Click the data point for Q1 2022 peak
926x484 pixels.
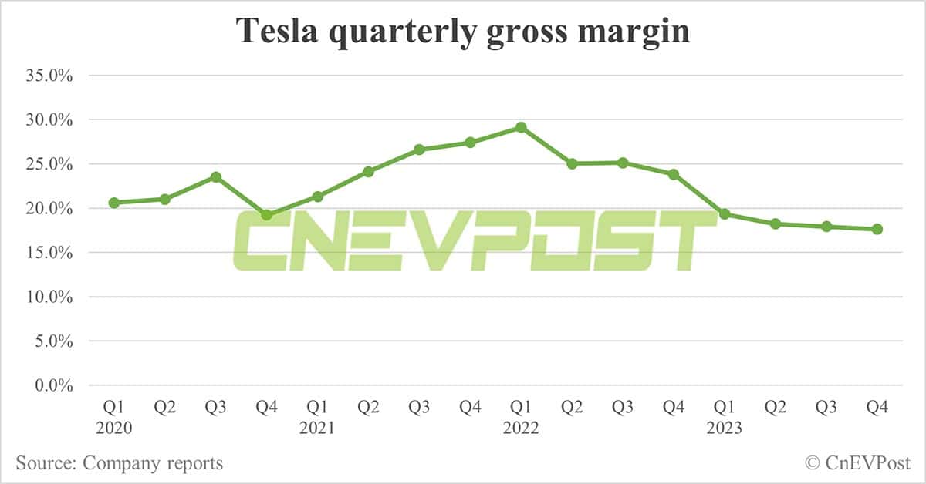coord(521,127)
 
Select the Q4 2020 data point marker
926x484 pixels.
coord(266,215)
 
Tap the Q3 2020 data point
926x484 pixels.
coord(216,177)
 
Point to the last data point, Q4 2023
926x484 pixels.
coord(877,229)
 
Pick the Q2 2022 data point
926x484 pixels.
coord(572,163)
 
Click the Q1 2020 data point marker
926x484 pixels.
coord(114,203)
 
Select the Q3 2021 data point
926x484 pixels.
coord(419,150)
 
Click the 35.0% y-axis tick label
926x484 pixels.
coord(49,76)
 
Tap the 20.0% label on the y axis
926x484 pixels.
coord(49,209)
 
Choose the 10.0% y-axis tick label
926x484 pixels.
coord(49,297)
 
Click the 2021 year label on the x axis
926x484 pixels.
coord(317,428)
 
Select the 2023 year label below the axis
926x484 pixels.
coord(725,428)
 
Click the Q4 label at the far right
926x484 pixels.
coord(877,407)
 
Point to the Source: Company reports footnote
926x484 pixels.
coord(119,463)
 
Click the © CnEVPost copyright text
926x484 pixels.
coord(857,463)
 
